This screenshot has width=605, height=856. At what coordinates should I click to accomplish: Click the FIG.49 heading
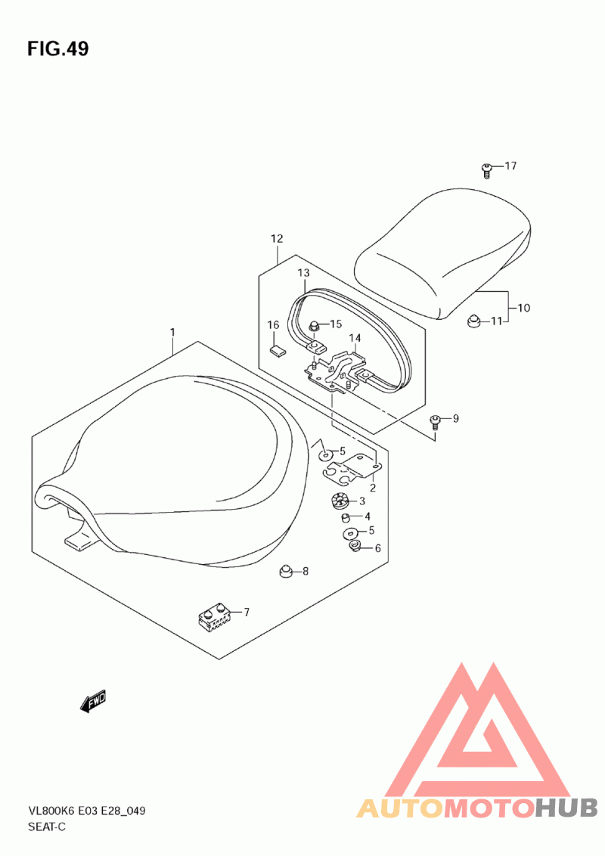(x=58, y=48)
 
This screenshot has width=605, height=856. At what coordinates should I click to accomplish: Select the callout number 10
(x=523, y=308)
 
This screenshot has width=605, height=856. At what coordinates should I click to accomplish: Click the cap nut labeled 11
(x=473, y=321)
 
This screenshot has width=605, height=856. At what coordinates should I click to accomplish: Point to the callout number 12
(x=277, y=238)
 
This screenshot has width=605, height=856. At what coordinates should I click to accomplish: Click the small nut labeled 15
(x=315, y=325)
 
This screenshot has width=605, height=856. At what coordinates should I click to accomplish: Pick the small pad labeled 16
(x=278, y=350)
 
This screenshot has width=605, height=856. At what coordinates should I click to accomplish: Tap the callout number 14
(x=355, y=339)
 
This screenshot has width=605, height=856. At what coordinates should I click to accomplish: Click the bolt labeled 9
(x=435, y=420)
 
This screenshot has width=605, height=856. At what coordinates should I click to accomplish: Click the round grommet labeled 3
(x=340, y=501)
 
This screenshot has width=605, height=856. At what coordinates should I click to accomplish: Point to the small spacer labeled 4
(x=345, y=517)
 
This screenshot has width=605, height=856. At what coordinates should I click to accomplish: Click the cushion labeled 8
(x=284, y=571)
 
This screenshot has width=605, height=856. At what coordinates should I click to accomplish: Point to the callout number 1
(x=172, y=332)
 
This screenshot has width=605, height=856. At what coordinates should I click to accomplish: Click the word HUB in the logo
(x=566, y=808)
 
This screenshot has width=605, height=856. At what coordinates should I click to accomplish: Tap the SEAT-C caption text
(x=46, y=827)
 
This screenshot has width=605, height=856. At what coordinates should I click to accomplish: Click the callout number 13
(x=303, y=272)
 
